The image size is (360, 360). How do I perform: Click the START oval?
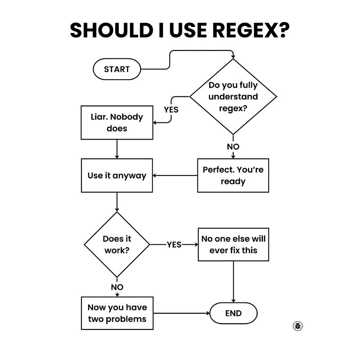(117, 69)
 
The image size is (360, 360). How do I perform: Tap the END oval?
(233, 313)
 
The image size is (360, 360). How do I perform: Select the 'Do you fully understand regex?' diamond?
(233, 96)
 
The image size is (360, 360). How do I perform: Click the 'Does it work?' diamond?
(117, 245)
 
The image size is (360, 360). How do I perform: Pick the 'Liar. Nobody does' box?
(117, 122)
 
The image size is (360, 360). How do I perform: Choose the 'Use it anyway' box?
(117, 175)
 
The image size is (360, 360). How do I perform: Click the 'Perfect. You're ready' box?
(233, 175)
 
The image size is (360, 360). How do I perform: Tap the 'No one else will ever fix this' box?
(233, 244)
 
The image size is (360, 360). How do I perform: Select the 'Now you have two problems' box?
(117, 313)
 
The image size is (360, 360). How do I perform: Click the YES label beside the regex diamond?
(171, 109)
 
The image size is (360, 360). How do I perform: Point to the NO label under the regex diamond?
(233, 147)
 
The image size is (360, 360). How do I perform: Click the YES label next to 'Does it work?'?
(174, 245)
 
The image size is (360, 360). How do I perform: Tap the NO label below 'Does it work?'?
(117, 287)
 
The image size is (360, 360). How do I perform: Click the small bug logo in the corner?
(297, 326)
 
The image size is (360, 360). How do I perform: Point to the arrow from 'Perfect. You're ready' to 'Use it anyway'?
(175, 175)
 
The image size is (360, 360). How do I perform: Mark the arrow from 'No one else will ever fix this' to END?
(233, 282)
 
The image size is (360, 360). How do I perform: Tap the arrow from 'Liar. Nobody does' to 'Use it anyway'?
(117, 149)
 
